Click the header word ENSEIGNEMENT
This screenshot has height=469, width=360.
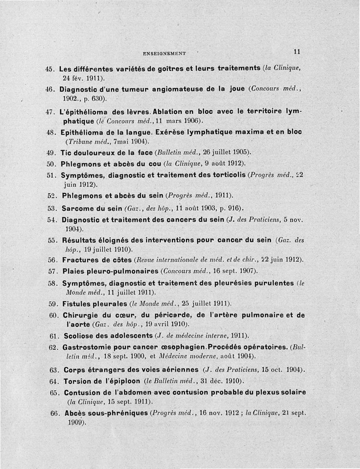click(164, 53)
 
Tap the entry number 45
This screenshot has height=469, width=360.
click(50, 69)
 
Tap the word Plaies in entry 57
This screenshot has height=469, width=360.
click(71, 271)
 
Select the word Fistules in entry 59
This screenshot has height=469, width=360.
click(76, 303)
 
